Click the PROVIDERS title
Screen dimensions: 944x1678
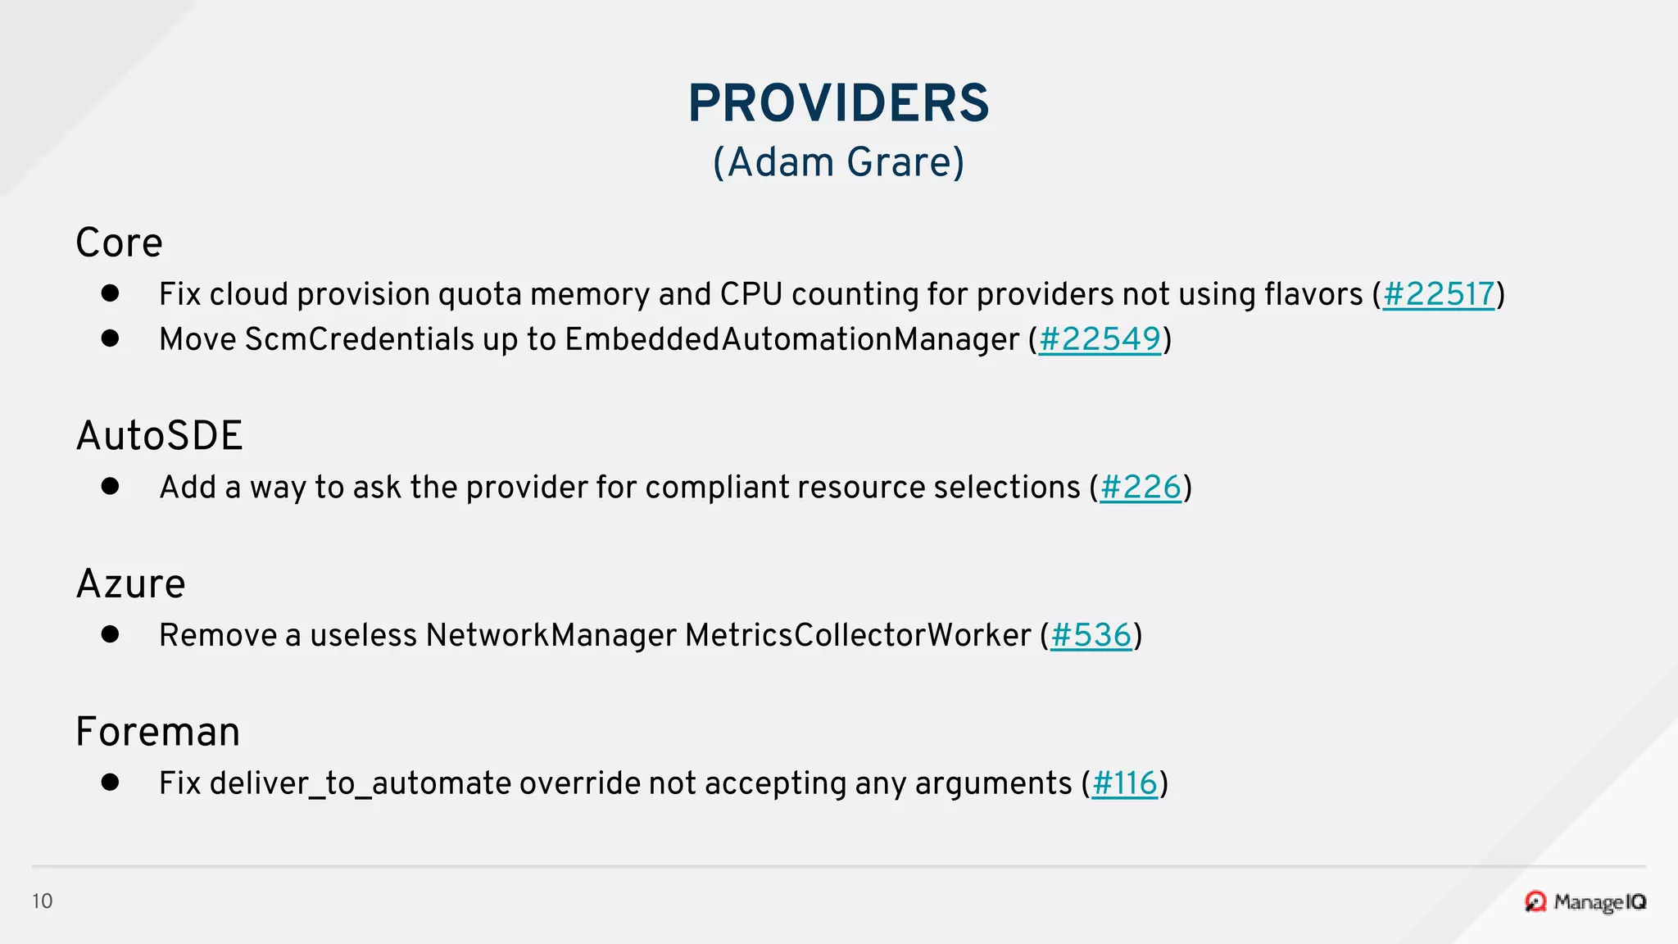(x=839, y=103)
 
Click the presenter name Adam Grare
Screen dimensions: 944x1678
(x=839, y=162)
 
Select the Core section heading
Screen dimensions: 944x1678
(x=120, y=243)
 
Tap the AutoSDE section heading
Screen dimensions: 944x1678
(x=160, y=436)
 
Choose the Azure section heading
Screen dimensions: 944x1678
(x=131, y=584)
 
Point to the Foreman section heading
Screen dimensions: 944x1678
(x=158, y=732)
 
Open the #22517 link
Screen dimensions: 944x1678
(x=1439, y=294)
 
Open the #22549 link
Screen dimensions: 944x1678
(x=1100, y=339)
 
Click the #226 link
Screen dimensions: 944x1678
(x=1141, y=488)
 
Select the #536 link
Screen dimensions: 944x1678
(x=1091, y=636)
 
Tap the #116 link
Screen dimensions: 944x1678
(x=1124, y=783)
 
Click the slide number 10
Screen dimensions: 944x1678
(x=43, y=901)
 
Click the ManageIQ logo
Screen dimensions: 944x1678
(x=1585, y=902)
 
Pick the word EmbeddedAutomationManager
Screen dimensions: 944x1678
(x=791, y=339)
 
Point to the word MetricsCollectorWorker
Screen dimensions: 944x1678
(x=858, y=636)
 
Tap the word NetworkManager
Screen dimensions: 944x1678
(x=551, y=636)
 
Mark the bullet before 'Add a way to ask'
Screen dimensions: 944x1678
(x=111, y=486)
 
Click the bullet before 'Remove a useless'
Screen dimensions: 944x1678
(x=111, y=634)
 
